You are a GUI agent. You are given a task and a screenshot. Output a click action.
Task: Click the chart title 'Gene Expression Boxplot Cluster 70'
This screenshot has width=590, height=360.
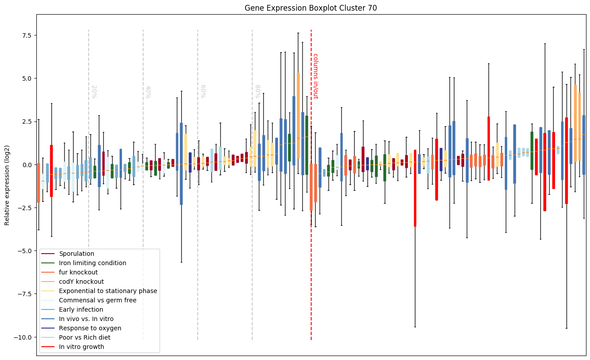(311, 8)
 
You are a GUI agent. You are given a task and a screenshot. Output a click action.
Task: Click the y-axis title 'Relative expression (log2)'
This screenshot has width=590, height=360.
(7, 185)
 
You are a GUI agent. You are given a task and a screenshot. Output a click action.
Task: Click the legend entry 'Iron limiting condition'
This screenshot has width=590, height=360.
(92, 263)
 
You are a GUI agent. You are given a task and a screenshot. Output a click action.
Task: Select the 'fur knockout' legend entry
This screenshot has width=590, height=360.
(78, 273)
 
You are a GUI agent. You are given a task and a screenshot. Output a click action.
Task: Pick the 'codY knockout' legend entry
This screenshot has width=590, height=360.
(81, 282)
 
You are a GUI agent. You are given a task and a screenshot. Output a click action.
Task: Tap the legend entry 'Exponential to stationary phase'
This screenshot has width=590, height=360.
(108, 291)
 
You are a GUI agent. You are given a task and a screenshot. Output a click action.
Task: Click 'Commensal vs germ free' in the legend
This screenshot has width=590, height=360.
(98, 301)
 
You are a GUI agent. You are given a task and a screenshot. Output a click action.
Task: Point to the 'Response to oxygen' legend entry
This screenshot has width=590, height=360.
(90, 329)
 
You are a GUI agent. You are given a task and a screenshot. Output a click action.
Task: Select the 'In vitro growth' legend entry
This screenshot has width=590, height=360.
(81, 347)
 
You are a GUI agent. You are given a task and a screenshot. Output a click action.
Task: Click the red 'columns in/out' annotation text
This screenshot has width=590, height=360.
(315, 76)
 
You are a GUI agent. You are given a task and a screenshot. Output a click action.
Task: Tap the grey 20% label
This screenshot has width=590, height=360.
(94, 91)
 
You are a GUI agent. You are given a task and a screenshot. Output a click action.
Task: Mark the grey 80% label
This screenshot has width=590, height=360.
(257, 91)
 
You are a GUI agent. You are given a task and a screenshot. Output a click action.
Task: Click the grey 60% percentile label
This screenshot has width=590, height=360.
(203, 91)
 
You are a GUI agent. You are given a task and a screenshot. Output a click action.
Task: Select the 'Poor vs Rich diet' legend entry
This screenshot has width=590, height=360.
(84, 338)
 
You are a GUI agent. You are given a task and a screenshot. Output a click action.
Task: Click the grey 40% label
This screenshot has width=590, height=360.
(148, 91)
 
